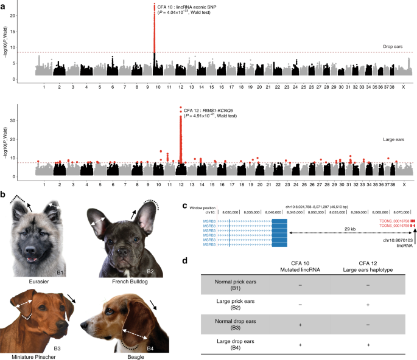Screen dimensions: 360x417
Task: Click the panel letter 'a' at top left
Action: pyautogui.click(x=4, y=5)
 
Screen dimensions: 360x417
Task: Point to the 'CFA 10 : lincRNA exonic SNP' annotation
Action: pyautogui.click(x=192, y=7)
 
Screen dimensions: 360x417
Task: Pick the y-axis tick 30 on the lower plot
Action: pyautogui.click(x=24, y=121)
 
